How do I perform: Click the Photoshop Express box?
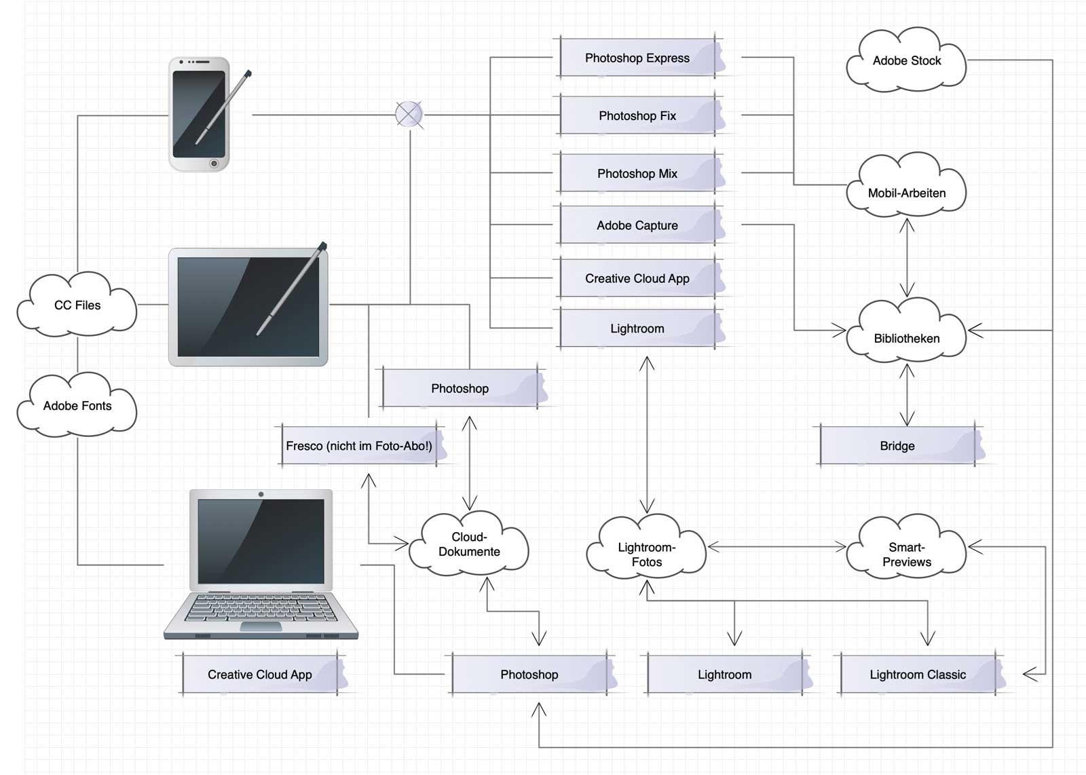click(x=637, y=58)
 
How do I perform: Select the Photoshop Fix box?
click(x=637, y=116)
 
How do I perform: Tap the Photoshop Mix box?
click(x=637, y=174)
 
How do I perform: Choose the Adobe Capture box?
click(x=637, y=225)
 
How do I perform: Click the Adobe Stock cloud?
click(x=907, y=61)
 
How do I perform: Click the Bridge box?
click(x=897, y=446)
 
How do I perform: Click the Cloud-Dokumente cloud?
click(x=469, y=544)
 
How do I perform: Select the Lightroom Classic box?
click(x=918, y=675)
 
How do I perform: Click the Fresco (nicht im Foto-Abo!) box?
click(x=359, y=446)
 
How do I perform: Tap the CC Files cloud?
click(x=77, y=305)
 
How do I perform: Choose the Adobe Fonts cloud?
click(x=77, y=406)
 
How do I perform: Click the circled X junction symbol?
click(x=409, y=115)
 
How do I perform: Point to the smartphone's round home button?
click(x=214, y=164)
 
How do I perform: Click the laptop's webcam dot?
click(x=261, y=494)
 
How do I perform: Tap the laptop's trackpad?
click(x=261, y=626)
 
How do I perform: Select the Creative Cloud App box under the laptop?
click(x=260, y=675)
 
